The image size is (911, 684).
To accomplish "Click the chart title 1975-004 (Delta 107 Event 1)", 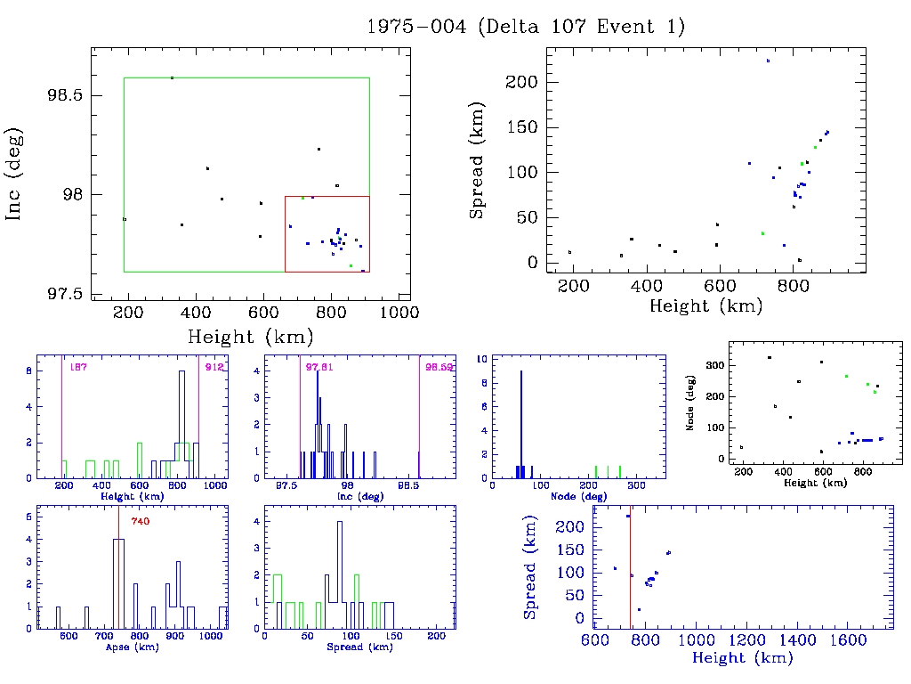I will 526,27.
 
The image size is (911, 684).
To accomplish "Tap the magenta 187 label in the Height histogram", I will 77,367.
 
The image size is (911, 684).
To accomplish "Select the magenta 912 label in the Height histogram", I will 214,367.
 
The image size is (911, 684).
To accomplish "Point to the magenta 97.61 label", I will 318,367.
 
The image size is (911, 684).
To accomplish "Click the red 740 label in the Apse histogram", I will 141,521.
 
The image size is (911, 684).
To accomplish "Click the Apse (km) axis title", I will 131,647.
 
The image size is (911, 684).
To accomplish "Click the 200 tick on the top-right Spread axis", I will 522,82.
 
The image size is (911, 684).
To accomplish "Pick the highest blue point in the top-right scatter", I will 768,61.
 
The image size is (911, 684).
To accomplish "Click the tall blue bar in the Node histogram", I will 521,419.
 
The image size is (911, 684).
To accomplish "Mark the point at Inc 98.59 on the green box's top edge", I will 172,78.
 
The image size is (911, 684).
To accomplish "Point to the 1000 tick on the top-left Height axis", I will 399,312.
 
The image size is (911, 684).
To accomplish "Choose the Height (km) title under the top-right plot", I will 705,306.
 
